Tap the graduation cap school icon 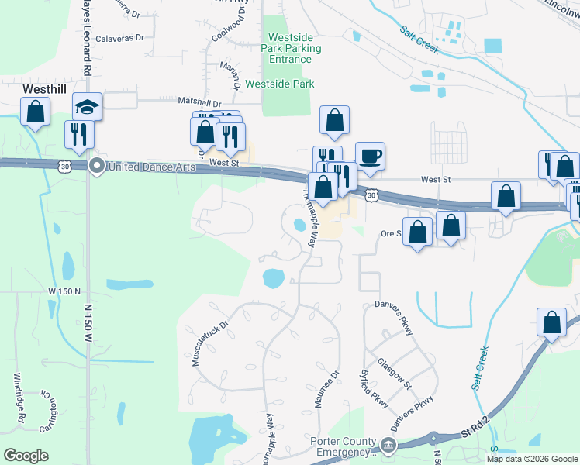(x=87, y=107)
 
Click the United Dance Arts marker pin (x=97, y=165)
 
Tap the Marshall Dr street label (x=200, y=102)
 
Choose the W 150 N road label (x=64, y=291)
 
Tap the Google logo (x=26, y=455)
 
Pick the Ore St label (x=390, y=232)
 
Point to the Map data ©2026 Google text (x=531, y=459)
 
